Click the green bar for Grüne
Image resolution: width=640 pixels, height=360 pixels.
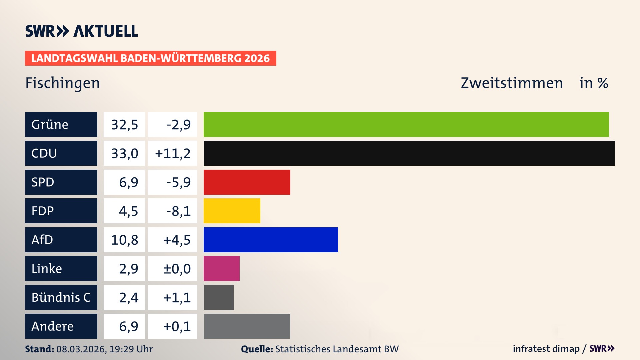(x=406, y=124)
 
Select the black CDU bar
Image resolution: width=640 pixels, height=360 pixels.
(x=409, y=153)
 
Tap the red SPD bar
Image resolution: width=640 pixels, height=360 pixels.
(x=247, y=182)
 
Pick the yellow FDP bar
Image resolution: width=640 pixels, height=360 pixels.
(x=232, y=211)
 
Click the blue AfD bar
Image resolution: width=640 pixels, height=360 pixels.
(x=271, y=240)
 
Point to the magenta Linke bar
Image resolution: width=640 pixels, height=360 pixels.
(x=221, y=268)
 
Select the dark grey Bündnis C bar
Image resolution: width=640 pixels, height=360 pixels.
(x=218, y=297)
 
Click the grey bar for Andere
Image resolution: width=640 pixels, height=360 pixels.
(x=247, y=326)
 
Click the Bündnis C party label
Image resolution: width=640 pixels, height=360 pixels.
(x=61, y=297)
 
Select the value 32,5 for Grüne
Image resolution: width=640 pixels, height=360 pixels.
(x=124, y=125)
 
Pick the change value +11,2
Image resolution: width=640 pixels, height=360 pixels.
(x=173, y=153)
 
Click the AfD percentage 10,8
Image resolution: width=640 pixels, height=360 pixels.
(x=124, y=240)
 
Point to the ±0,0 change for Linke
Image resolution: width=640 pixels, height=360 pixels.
(x=177, y=269)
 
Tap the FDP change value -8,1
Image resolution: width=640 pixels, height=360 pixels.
(x=178, y=211)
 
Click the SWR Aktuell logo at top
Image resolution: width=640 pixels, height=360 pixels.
(x=82, y=31)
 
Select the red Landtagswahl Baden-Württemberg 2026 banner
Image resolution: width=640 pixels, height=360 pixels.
(x=150, y=58)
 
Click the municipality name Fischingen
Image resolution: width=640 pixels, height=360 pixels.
(x=62, y=83)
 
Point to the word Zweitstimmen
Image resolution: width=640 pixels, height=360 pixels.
(x=512, y=83)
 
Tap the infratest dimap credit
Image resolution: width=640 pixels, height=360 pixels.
(x=546, y=349)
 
